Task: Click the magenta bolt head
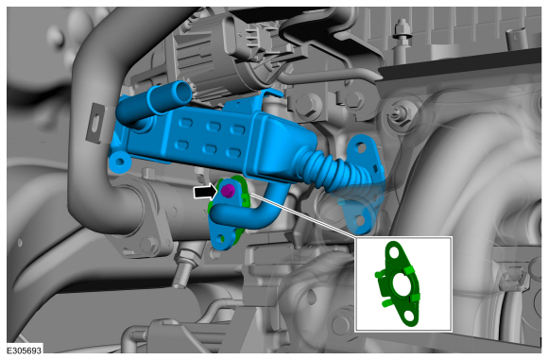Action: [x=228, y=191]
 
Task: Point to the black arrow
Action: [x=206, y=192]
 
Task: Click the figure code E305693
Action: [x=25, y=351]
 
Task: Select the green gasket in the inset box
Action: [x=401, y=283]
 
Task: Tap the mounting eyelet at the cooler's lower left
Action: [x=119, y=162]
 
